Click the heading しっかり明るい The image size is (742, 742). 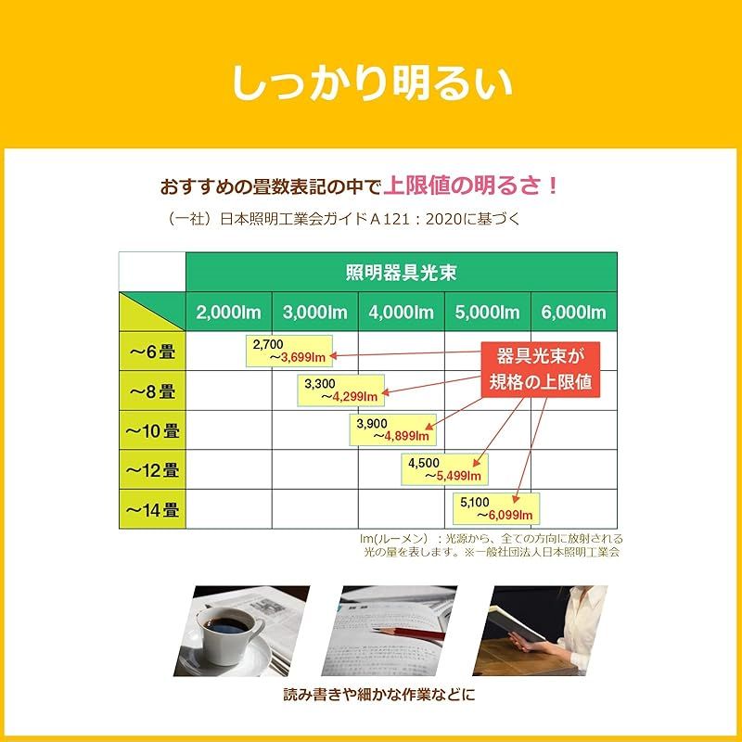[371, 83]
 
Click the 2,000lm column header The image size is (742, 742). [227, 312]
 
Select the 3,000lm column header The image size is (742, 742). [314, 312]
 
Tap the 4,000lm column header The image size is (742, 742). [401, 312]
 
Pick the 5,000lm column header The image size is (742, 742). [487, 312]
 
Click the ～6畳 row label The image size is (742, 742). [152, 352]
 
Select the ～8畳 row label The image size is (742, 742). [152, 390]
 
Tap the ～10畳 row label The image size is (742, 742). [152, 430]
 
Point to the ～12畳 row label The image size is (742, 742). [152, 469]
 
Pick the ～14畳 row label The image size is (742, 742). [152, 509]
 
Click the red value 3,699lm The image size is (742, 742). [303, 356]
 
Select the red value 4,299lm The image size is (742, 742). [354, 396]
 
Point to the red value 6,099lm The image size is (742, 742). [509, 514]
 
